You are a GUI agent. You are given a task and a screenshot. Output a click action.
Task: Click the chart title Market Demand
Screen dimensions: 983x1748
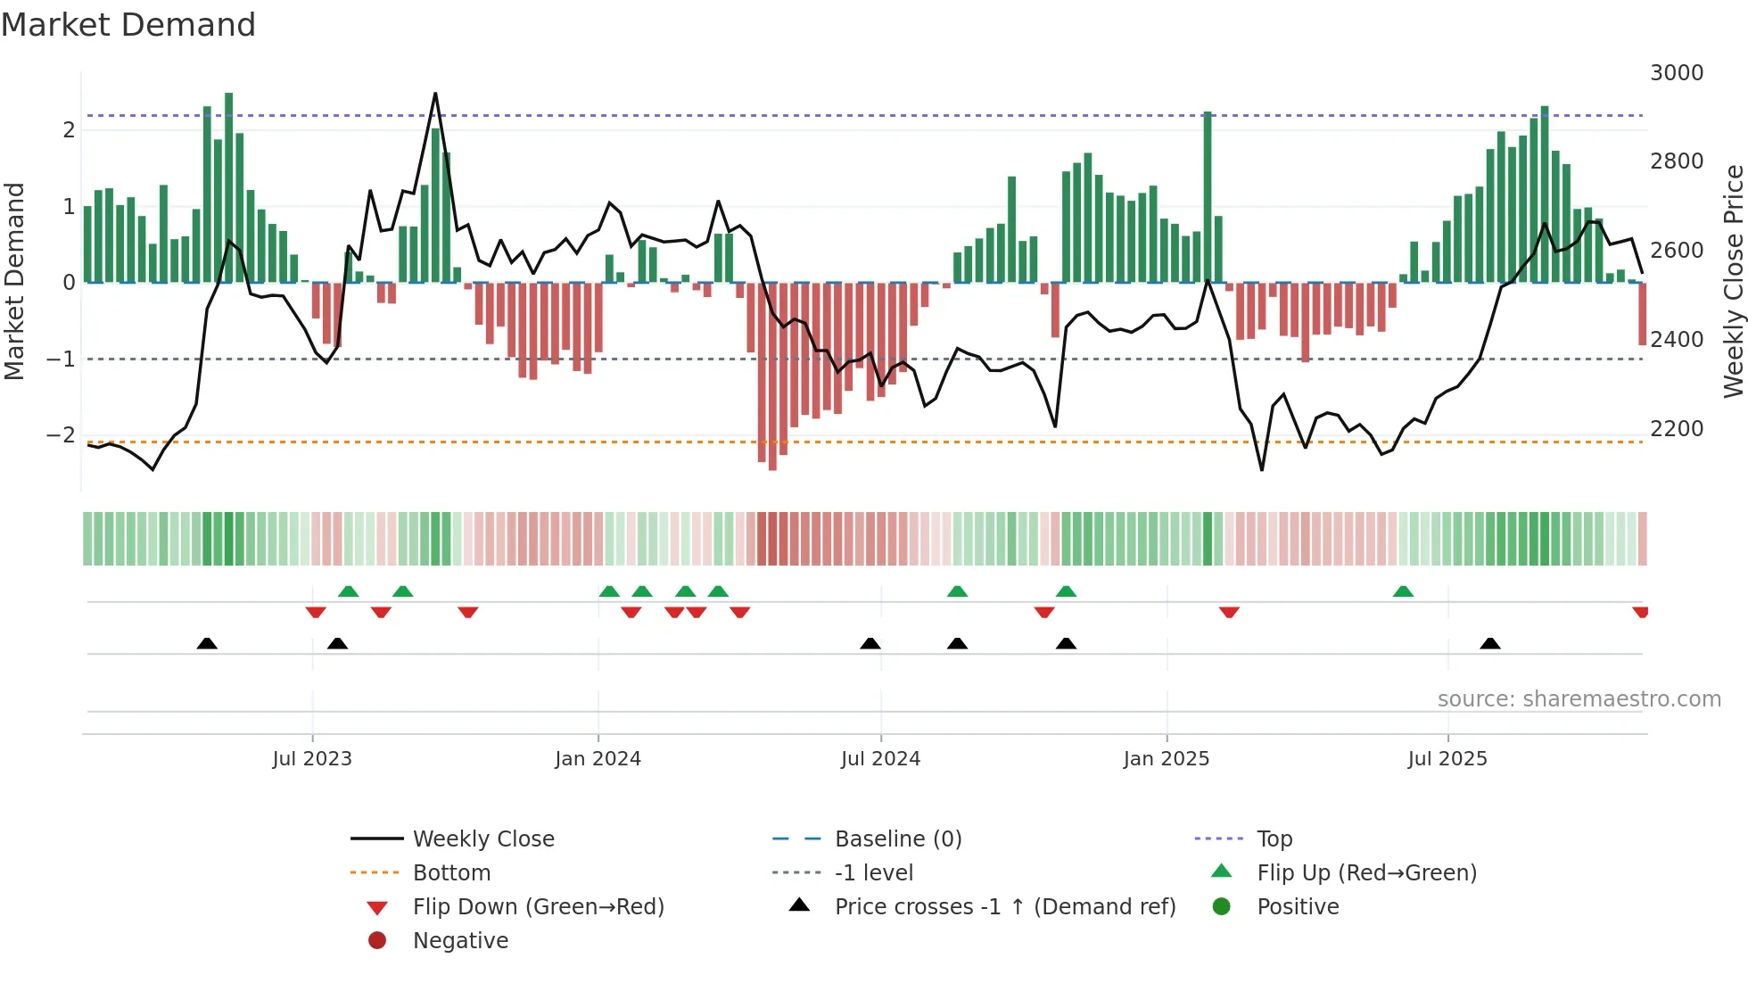[x=128, y=25]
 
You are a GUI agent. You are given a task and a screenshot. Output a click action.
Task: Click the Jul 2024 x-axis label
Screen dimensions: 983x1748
[x=880, y=759]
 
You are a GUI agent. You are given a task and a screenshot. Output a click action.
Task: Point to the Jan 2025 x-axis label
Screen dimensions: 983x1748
[x=1166, y=759]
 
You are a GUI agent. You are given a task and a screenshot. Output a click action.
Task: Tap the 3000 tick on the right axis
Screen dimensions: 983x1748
[x=1676, y=73]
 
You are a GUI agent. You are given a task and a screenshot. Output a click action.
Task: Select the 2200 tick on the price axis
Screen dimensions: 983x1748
[x=1676, y=429]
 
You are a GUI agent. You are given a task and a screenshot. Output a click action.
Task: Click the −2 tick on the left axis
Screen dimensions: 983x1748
[x=61, y=435]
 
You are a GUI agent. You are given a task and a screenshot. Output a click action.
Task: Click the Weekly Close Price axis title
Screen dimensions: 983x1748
[x=1733, y=281]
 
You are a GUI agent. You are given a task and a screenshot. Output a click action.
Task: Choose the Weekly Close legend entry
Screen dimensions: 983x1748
[x=482, y=839]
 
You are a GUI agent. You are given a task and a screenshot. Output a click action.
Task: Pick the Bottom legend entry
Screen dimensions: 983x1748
[x=451, y=873]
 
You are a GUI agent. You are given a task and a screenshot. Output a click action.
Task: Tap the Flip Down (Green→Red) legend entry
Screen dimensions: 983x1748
[x=538, y=907]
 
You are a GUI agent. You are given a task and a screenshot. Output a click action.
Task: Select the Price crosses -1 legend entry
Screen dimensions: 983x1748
[x=1004, y=907]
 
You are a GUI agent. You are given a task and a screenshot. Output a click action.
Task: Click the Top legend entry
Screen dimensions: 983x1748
[x=1274, y=839]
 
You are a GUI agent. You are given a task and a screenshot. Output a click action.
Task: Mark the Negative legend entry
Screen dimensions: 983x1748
[x=460, y=941]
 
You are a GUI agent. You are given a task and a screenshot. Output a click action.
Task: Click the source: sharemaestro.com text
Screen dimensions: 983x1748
[x=1579, y=699]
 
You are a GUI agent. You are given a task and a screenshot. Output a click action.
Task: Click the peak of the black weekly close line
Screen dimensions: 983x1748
[x=435, y=93]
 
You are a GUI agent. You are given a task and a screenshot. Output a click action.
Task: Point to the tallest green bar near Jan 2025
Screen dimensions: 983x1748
[x=1208, y=196]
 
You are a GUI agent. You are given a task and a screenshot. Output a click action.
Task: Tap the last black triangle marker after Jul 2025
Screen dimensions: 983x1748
[x=1489, y=644]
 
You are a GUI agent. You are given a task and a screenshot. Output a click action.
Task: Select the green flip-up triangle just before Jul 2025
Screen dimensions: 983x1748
[x=1403, y=591]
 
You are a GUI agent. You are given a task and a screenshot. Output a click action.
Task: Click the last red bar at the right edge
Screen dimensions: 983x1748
[x=1642, y=314]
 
